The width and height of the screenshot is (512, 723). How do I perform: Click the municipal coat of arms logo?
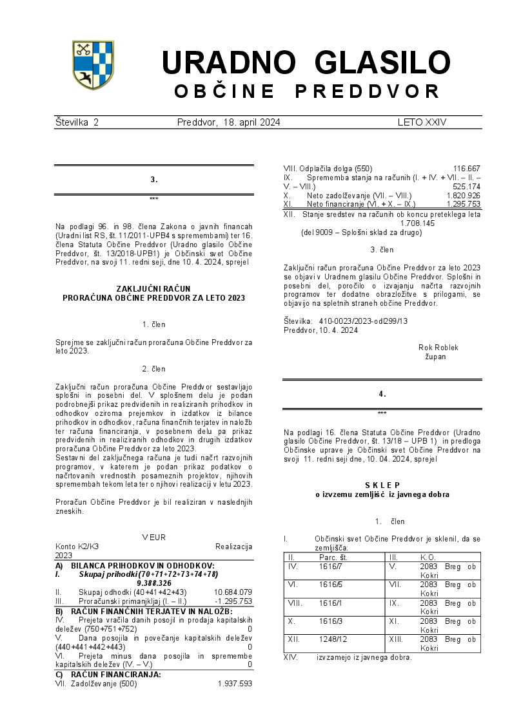pos(93,64)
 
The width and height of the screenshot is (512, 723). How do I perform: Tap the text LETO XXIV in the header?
pos(422,122)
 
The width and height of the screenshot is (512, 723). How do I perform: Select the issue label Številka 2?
pos(77,122)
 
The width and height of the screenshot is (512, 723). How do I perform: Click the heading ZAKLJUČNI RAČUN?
pos(153,289)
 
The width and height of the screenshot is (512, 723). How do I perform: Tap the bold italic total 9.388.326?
pos(153,583)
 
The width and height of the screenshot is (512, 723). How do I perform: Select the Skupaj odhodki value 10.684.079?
pos(233,592)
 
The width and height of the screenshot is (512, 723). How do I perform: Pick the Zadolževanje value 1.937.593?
pos(235,684)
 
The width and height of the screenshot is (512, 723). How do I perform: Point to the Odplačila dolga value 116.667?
pos(466,168)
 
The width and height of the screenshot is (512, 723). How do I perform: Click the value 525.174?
pos(466,187)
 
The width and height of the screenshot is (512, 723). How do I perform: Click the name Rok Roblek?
pos(438,348)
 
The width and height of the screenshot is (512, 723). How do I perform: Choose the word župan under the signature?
pos(435,356)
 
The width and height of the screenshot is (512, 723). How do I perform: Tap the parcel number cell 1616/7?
pos(330,567)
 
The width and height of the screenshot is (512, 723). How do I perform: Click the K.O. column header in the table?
pos(428,557)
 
